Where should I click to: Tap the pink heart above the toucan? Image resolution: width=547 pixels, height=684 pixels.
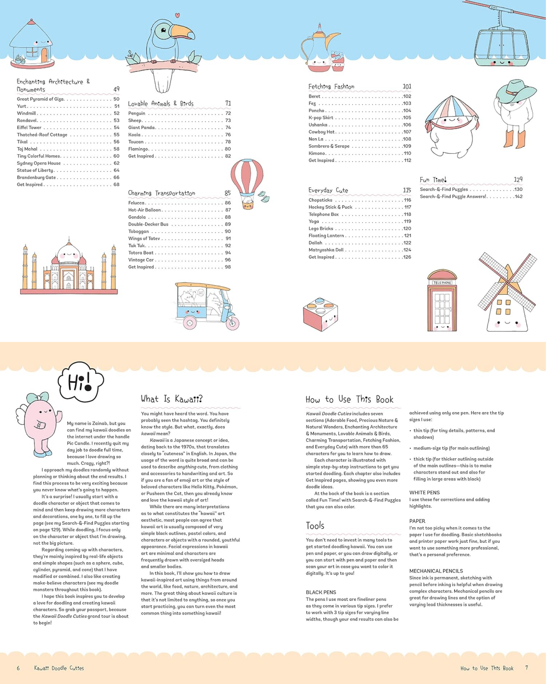pos(177,15)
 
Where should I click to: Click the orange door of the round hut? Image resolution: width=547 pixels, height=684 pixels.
pos(44,55)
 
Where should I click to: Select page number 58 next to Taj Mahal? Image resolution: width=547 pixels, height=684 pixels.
pos(116,149)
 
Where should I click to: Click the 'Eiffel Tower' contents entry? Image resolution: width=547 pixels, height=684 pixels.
pos(29,128)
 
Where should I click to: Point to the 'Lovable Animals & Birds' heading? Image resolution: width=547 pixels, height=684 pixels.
pos(161,103)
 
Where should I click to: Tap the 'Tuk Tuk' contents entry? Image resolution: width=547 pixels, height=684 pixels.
pos(137,245)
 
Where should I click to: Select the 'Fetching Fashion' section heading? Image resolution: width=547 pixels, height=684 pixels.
pos(331,87)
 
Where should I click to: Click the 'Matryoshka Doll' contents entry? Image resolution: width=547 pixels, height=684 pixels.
pos(326,250)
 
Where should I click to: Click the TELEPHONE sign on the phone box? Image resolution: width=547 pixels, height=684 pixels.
pos(442,283)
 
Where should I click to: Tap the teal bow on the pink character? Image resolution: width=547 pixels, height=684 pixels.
pos(38,398)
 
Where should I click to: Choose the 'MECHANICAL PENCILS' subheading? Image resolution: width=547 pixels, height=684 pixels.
pos(436,571)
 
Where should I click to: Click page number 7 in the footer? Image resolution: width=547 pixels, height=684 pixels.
pos(527,667)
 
